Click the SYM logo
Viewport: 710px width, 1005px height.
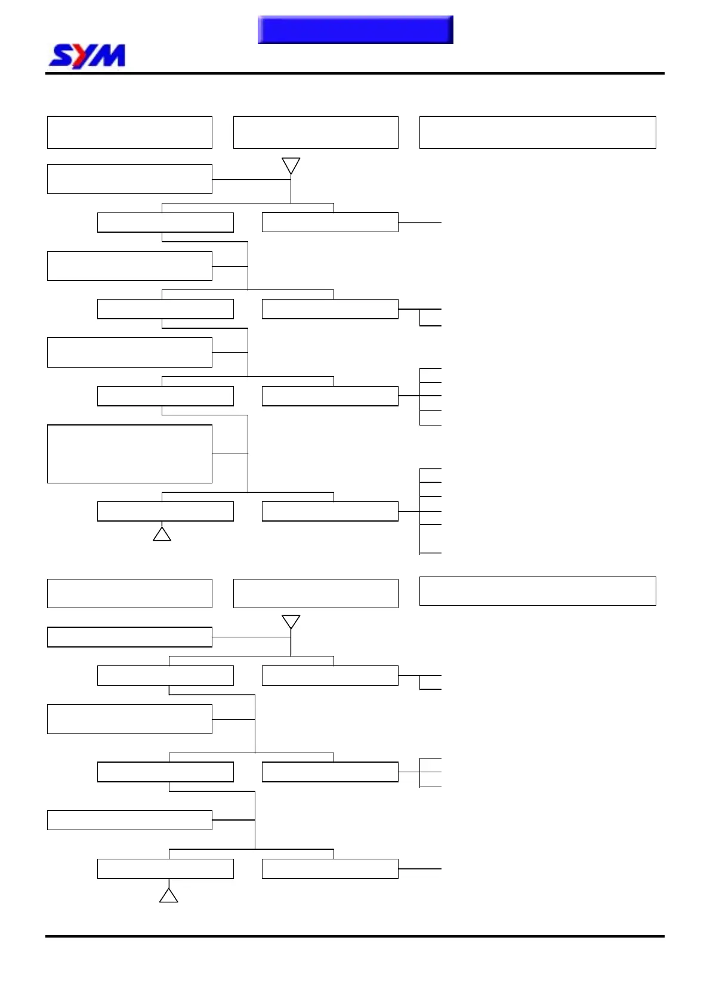click(x=87, y=56)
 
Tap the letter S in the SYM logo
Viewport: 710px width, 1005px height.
click(x=60, y=56)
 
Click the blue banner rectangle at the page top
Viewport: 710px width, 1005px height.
click(x=355, y=30)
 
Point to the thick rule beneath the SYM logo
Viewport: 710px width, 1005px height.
click(x=354, y=73)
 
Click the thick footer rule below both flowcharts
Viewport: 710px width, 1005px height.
click(x=354, y=936)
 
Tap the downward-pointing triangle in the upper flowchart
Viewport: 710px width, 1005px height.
click(x=291, y=165)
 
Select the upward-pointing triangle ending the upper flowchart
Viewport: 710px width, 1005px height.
click(x=162, y=534)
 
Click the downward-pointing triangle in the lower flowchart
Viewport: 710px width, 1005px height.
click(x=291, y=621)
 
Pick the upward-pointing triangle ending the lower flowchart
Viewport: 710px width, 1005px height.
click(x=169, y=896)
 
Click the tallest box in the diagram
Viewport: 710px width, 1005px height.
click(x=129, y=454)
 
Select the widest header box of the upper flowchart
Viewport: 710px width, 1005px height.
click(x=538, y=132)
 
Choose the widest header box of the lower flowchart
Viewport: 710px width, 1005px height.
click(x=538, y=591)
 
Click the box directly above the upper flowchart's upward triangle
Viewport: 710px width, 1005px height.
click(x=165, y=511)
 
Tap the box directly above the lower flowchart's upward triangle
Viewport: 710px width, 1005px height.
click(x=165, y=868)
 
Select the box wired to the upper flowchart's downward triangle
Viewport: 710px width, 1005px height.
click(x=129, y=179)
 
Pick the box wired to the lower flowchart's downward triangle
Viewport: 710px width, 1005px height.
click(x=129, y=637)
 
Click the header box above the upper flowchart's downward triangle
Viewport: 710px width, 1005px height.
click(x=316, y=132)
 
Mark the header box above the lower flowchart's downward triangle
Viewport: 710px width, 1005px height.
click(x=316, y=593)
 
